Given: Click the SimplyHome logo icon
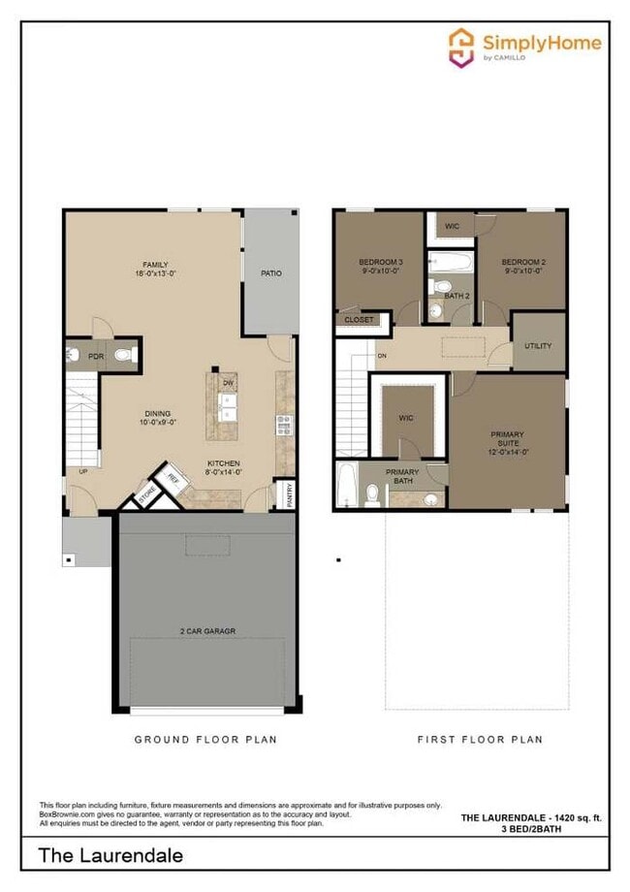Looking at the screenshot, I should pos(460,47).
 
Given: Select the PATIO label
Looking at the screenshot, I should pos(271,273).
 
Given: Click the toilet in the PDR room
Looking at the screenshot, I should pos(122,356).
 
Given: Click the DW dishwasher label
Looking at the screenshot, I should pos(229,383).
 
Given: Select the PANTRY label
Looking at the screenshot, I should pos(289,494).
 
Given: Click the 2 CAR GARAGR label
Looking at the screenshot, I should pos(207,631).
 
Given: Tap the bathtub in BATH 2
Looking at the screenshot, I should pos(450,262).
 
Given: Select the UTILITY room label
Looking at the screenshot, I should pos(538,346).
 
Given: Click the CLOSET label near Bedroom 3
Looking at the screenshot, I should pos(360,319).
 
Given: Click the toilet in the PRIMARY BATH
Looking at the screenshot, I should pos(372,493).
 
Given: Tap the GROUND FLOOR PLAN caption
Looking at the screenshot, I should pos(205,739).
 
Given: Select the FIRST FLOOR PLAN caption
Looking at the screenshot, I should pos(480,739).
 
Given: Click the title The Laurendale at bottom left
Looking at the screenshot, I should pos(110,855).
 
